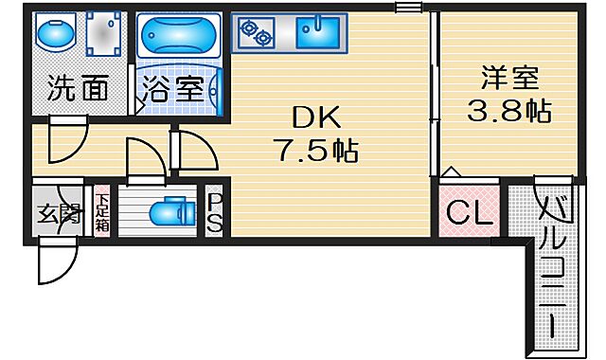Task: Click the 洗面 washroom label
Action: [77, 90]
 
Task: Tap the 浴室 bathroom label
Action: [175, 91]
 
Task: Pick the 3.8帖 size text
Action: [508, 112]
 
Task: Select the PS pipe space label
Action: [215, 211]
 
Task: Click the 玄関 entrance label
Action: [59, 213]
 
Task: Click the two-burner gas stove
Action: [256, 35]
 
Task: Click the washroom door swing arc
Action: [68, 142]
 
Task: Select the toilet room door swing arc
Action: [142, 156]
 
